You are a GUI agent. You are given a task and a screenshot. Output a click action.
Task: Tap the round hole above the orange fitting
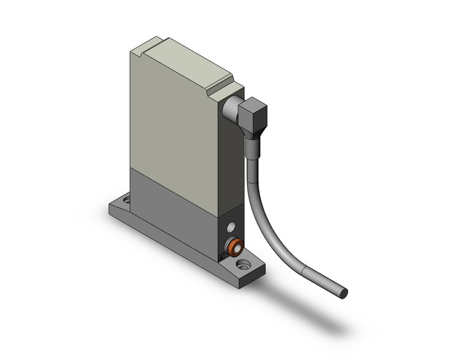(231, 228)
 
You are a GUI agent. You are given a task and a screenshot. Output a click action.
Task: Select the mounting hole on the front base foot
(243, 266)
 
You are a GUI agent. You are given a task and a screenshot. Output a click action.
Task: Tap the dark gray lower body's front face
(172, 205)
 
